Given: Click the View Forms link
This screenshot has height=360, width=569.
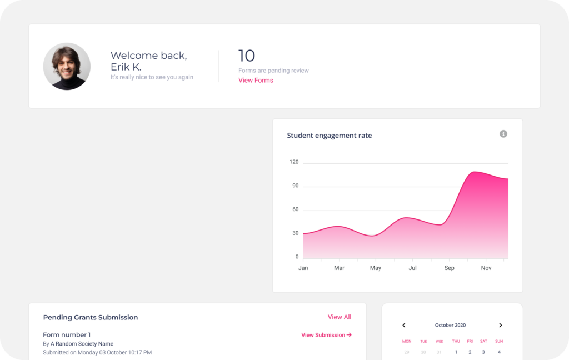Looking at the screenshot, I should point(256,81).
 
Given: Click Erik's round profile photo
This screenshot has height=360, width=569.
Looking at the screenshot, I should point(67,67).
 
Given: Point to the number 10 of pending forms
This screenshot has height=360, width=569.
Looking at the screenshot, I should point(247,56).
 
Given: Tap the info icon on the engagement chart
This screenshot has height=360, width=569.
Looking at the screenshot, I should point(503,134).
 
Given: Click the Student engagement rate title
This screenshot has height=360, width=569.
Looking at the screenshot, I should point(329,136).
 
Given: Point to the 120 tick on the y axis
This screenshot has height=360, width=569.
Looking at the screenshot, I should point(294,162).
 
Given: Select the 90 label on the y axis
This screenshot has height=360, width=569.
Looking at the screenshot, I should point(295,186).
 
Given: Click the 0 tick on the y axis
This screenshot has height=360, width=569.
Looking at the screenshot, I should point(297,257).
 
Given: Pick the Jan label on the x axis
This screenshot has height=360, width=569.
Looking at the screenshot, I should point(303,268).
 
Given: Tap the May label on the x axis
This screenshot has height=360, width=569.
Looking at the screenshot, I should point(376,268).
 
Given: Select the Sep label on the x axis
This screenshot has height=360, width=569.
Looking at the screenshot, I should point(449,268).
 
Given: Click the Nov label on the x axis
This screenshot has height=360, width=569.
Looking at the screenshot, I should point(486,268).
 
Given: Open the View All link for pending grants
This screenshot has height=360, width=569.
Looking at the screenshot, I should point(339,317).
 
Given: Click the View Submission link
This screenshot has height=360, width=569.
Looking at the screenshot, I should point(326,335).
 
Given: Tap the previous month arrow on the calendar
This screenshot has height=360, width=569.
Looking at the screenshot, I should point(404,326).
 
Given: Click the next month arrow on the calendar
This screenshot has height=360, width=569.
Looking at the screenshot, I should point(500,326).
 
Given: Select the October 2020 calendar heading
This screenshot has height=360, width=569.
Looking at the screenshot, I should point(450,326).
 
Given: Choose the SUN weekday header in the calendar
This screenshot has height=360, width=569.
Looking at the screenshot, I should point(499,341).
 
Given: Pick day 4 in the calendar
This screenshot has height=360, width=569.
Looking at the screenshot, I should point(499,352).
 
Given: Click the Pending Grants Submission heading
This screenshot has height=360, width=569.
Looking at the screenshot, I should point(90,318).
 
